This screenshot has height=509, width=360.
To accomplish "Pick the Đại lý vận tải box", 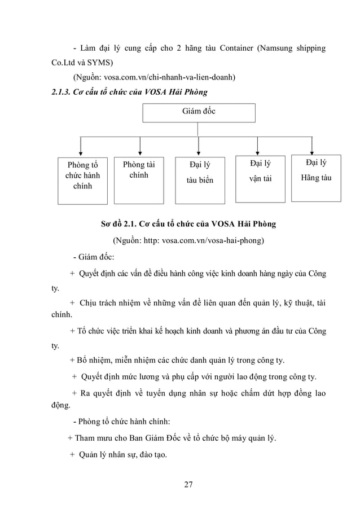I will click(x=260, y=178).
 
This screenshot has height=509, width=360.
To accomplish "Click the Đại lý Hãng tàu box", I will click(x=315, y=177).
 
